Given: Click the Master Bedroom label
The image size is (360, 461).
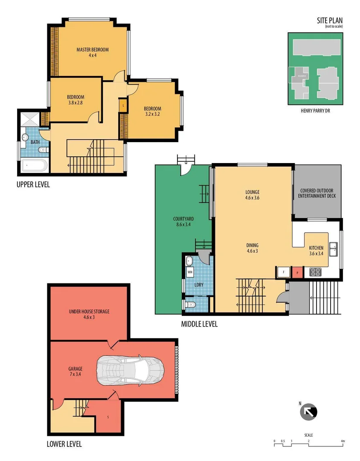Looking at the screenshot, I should pyautogui.click(x=93, y=52).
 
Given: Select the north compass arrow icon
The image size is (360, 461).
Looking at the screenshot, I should pyautogui.click(x=308, y=412).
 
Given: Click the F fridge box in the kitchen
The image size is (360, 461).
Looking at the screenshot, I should pyautogui.click(x=282, y=272).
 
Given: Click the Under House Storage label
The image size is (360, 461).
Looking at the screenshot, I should pyautogui.click(x=89, y=314).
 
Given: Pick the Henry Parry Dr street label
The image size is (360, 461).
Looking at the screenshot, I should pyautogui.click(x=316, y=110).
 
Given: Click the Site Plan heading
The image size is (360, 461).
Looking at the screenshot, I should pyautogui.click(x=329, y=20).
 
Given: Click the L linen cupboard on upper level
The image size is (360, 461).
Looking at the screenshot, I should pyautogui.click(x=123, y=105).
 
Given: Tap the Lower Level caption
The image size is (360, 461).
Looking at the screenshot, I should pyautogui.click(x=64, y=444).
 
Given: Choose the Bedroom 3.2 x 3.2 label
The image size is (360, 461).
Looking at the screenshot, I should pyautogui.click(x=152, y=111).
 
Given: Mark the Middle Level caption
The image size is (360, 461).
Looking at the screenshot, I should pyautogui.click(x=199, y=324).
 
